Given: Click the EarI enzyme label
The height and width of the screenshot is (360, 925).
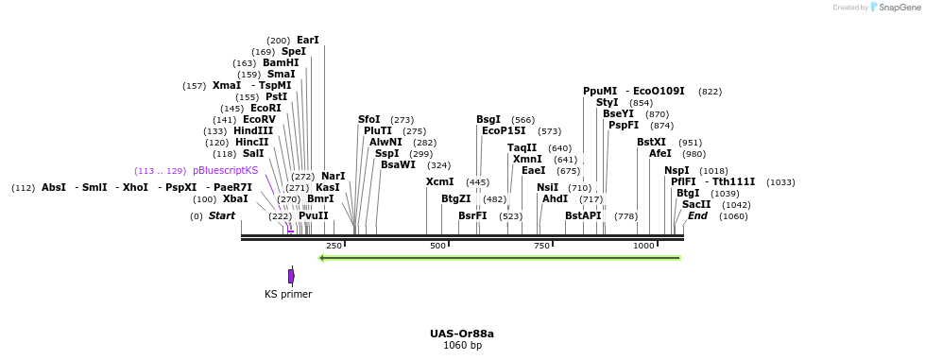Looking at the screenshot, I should [308, 40].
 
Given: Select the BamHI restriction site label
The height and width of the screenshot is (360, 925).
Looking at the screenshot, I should [281, 63].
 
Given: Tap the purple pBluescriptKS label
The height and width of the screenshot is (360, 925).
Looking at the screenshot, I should [225, 170].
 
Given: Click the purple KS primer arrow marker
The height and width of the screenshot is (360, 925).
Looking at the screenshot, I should [291, 276].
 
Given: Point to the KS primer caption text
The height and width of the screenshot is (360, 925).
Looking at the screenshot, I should [288, 294].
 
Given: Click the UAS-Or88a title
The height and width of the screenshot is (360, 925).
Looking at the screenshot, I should [462, 334].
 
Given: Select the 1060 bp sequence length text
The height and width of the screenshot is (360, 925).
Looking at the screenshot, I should [462, 346].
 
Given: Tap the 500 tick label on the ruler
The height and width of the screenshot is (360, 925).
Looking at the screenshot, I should [437, 246].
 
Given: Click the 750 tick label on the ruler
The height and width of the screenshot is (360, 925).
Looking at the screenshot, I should [541, 246].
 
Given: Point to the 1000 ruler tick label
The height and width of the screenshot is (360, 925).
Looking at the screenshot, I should [643, 246].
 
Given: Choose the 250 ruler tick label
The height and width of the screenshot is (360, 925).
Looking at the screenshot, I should [334, 246].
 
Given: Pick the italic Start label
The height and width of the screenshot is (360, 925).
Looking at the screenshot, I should [222, 215].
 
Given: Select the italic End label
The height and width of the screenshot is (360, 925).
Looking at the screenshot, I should [697, 215].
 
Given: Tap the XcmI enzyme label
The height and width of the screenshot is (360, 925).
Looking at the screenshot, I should [439, 181].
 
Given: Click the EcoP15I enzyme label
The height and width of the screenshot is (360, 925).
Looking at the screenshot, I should [504, 130].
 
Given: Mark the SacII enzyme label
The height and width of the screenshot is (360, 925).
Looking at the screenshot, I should [696, 204].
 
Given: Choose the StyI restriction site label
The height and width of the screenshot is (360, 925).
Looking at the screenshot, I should [607, 102].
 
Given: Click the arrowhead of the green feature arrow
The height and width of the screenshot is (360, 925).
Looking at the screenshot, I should [323, 257].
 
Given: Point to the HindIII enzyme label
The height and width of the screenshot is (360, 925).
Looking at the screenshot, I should [253, 130].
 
